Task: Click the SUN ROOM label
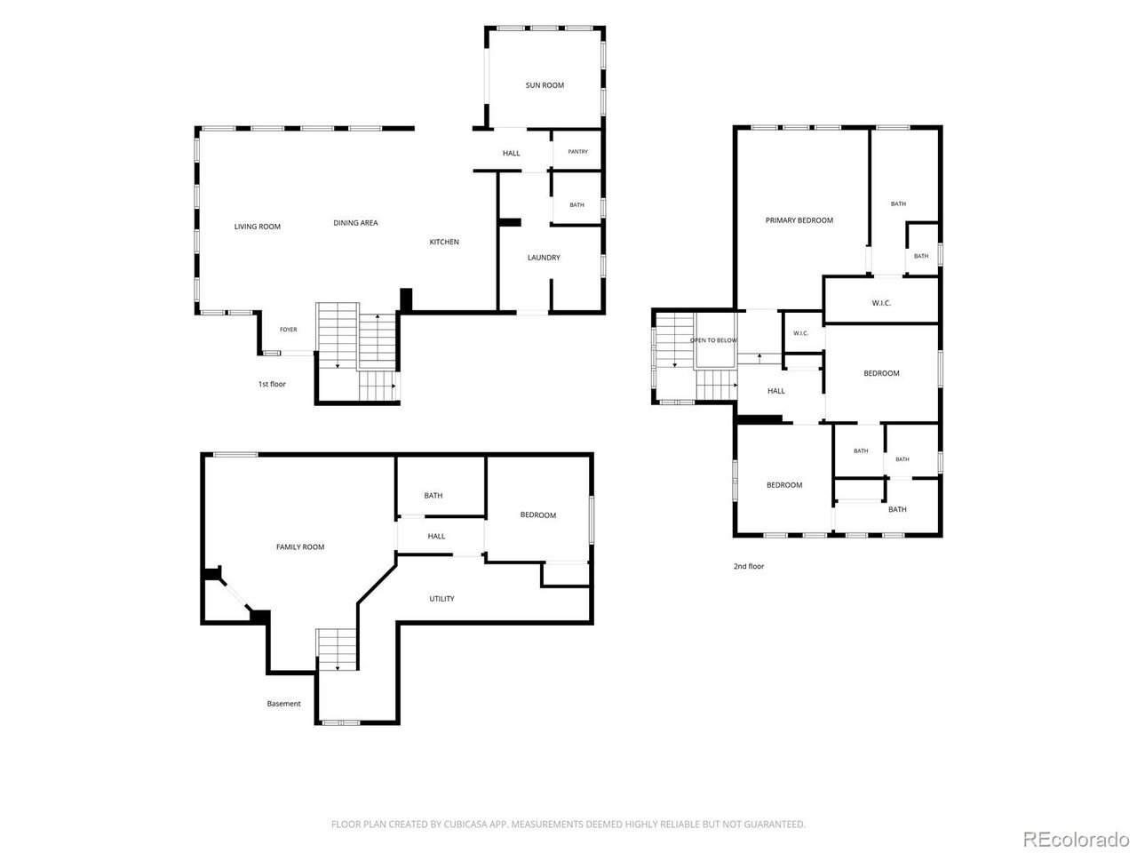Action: (545, 85)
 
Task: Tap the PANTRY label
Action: (577, 152)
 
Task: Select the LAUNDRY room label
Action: (544, 258)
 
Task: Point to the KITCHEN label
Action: (444, 242)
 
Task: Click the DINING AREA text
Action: (355, 223)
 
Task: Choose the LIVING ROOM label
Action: (257, 227)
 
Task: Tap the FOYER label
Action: (289, 330)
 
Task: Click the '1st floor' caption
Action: (272, 384)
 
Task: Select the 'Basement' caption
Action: (283, 704)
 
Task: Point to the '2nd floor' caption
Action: (749, 567)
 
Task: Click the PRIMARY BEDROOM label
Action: (799, 220)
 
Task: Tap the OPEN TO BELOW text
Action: (713, 340)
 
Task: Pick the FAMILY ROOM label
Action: (300, 547)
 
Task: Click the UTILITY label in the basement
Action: (441, 599)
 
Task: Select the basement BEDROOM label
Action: (537, 515)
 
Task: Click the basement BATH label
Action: (433, 496)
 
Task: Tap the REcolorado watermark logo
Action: (1077, 839)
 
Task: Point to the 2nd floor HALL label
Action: (775, 391)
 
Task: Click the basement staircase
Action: (337, 650)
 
